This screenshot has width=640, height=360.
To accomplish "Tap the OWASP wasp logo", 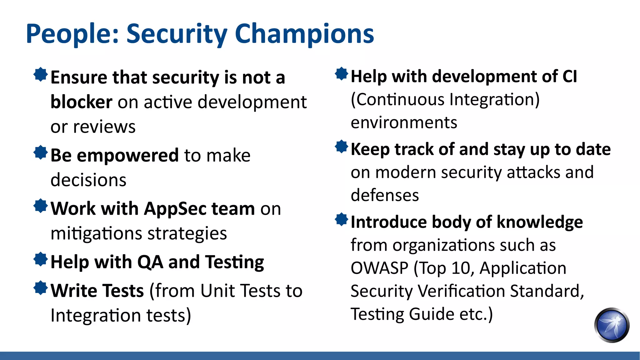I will click(612, 325).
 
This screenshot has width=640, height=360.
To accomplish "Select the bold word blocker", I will click(81, 102).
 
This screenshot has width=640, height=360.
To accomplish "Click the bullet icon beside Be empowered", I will click(41, 152).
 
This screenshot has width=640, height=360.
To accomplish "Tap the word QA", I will click(150, 262).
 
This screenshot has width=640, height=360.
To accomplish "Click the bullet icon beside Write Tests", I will click(41, 288).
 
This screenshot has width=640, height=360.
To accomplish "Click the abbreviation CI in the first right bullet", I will click(569, 77).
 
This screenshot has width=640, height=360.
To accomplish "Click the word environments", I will click(404, 123).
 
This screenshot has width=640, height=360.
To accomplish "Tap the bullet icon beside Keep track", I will click(341, 147).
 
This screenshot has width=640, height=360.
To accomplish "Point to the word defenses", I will click(385, 196).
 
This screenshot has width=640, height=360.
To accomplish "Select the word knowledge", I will click(540, 222).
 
